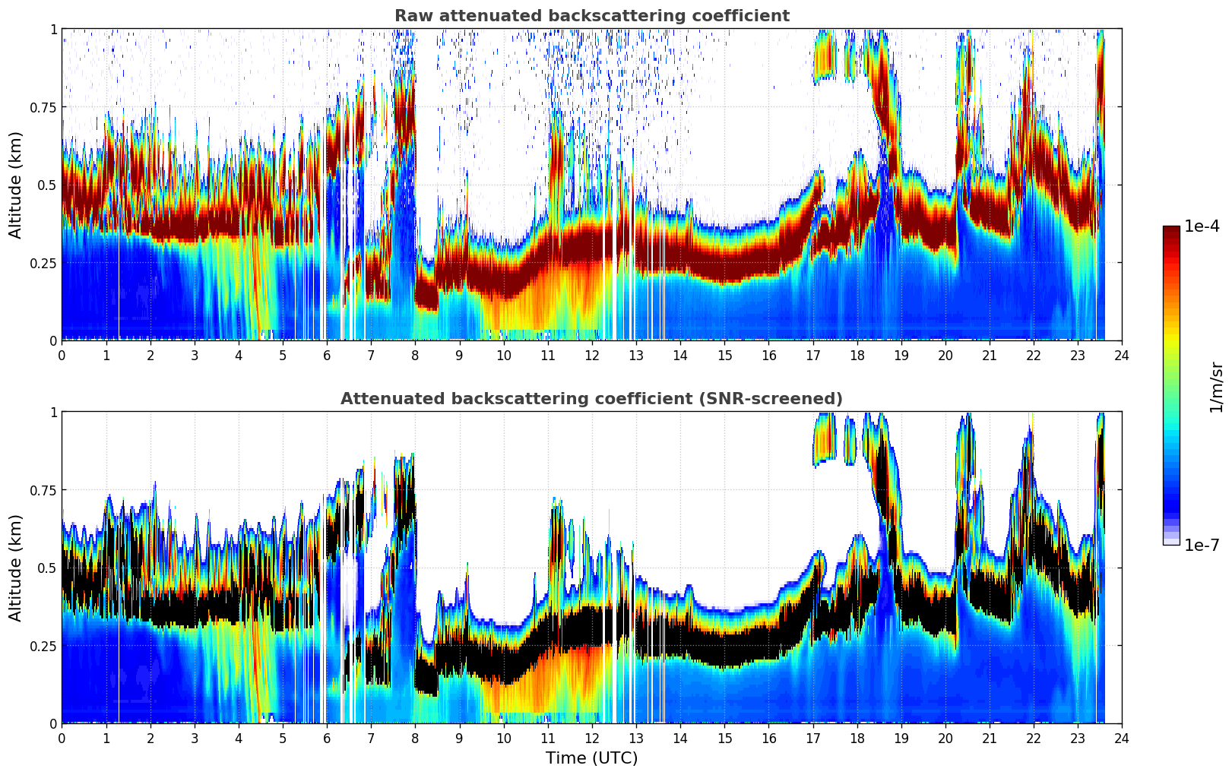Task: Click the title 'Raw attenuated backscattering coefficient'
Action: [591, 16]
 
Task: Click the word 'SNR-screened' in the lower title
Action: [782, 399]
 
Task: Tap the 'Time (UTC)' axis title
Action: [591, 758]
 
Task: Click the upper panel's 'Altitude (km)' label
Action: [16, 185]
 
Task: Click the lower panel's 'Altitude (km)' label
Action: [16, 568]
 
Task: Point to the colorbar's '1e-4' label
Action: [1202, 226]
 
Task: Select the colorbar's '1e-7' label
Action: [1202, 545]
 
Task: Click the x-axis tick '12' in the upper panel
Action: [592, 355]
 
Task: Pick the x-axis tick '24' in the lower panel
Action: [1122, 738]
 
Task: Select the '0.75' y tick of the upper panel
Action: [43, 107]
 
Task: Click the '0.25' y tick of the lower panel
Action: [43, 646]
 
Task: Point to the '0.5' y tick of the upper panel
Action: [48, 185]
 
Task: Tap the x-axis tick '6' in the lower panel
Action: [327, 738]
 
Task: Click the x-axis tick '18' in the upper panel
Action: [857, 355]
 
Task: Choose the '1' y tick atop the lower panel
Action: [53, 412]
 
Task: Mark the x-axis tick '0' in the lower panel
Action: [62, 738]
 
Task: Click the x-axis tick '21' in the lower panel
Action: [990, 738]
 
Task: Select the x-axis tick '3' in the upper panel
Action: [195, 355]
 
